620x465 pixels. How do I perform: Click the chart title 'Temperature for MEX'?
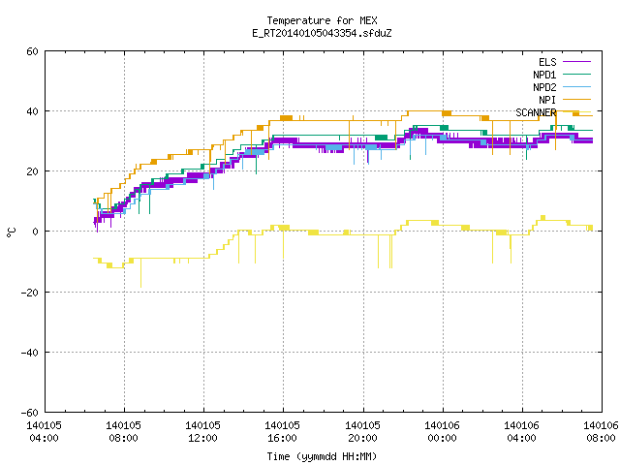(x=322, y=20)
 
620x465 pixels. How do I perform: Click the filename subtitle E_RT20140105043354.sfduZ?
(x=322, y=33)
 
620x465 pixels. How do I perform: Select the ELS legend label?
(x=547, y=62)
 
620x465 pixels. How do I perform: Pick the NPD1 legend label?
(x=544, y=75)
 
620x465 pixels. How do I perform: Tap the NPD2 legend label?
(x=544, y=87)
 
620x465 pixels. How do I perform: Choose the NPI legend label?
(x=547, y=100)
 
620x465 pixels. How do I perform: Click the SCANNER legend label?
(x=536, y=112)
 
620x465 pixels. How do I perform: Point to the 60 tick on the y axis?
(x=32, y=51)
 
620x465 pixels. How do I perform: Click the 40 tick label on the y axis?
(x=32, y=111)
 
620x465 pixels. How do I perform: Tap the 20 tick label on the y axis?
(x=32, y=171)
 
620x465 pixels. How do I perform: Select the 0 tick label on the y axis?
(x=36, y=232)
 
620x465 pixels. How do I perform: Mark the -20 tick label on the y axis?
(x=30, y=293)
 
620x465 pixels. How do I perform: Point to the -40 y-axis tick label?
(x=30, y=353)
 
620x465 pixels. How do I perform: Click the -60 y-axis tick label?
(x=30, y=413)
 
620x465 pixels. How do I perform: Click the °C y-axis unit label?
(x=11, y=232)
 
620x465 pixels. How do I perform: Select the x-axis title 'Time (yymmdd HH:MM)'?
(x=322, y=456)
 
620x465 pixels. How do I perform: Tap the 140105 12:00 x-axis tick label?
(x=202, y=432)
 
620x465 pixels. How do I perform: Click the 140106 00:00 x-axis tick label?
(x=442, y=432)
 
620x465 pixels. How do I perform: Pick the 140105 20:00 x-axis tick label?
(x=362, y=432)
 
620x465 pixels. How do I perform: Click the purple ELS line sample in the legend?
(x=576, y=62)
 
